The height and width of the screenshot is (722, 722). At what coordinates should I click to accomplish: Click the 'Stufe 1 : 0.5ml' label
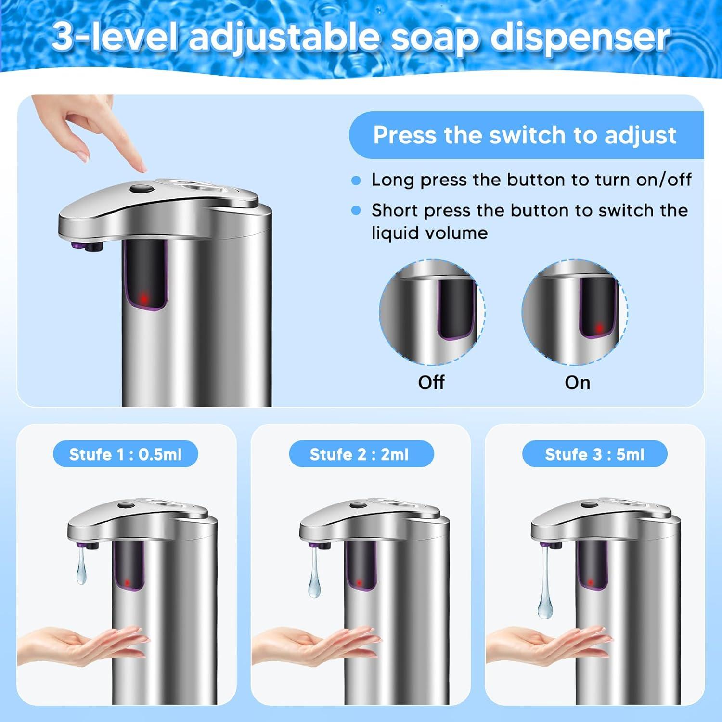point(125,454)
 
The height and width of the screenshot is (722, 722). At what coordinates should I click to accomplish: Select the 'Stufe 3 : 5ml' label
point(594,454)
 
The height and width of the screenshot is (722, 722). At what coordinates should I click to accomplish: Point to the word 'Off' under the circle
point(431,383)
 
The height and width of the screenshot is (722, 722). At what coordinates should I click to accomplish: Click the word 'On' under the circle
point(577,383)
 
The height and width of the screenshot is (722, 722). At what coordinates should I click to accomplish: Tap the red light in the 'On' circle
point(599,328)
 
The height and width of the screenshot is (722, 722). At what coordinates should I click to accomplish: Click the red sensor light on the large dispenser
point(144,299)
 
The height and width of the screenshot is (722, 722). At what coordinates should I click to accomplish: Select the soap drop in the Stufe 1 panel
point(81,569)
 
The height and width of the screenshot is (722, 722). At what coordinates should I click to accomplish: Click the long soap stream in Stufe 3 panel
point(545,592)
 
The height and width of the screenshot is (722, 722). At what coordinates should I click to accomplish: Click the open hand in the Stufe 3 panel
point(549,645)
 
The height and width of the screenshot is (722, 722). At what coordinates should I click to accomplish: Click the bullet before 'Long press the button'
point(356,180)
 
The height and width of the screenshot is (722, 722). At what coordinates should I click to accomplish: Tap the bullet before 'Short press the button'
point(356,211)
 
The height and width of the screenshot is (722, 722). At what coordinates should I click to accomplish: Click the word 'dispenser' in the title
point(579,38)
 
